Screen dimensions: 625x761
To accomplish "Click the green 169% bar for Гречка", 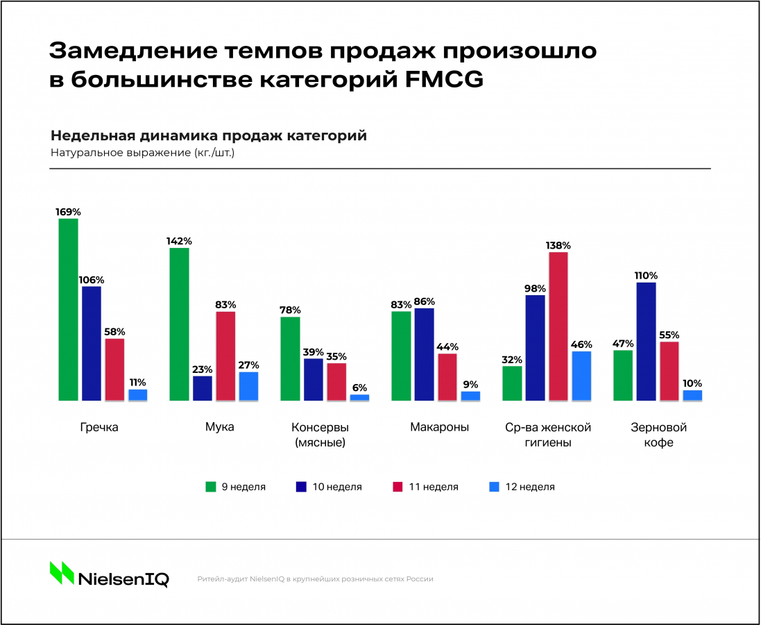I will point(68,310).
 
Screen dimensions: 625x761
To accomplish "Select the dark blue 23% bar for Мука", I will point(203,388).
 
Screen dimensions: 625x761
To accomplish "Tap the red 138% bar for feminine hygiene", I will point(558,326).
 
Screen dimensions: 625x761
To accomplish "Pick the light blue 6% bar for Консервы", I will point(359,397).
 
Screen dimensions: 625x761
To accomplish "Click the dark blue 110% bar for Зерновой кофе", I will point(646,342).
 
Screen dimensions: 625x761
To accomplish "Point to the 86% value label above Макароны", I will point(424,301).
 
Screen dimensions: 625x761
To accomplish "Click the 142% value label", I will point(179,241).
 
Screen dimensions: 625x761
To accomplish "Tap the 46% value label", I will point(581,344).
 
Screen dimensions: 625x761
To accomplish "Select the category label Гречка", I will point(99,427).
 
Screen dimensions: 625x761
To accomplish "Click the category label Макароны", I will point(439,427).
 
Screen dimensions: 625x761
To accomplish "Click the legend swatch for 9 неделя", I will point(210,487).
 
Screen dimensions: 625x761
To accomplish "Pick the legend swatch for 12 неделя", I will point(494,487).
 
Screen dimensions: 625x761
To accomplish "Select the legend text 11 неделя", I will point(434,487).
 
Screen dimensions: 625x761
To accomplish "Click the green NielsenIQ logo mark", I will point(62,572).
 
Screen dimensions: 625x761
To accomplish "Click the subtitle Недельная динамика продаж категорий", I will point(209,135).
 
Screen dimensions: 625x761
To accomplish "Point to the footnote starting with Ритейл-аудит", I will point(315,578).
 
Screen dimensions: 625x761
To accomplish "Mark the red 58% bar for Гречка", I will point(114,369).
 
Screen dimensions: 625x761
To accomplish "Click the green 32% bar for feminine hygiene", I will point(512,383).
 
